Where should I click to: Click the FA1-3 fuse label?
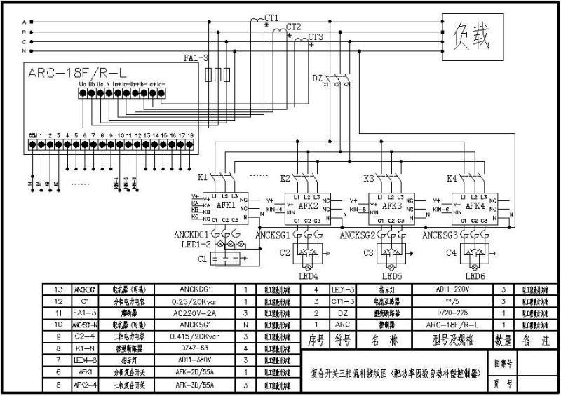pyautogui.click(x=196, y=57)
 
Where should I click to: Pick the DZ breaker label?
pyautogui.click(x=317, y=78)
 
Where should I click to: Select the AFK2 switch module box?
pyautogui.click(x=309, y=207)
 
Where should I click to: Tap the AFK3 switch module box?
pyautogui.click(x=391, y=207)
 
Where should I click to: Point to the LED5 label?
pyautogui.click(x=391, y=276)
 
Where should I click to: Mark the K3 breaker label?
pyautogui.click(x=369, y=178)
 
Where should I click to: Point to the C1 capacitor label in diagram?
pyautogui.click(x=203, y=259)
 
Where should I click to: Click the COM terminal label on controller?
pyautogui.click(x=32, y=134)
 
